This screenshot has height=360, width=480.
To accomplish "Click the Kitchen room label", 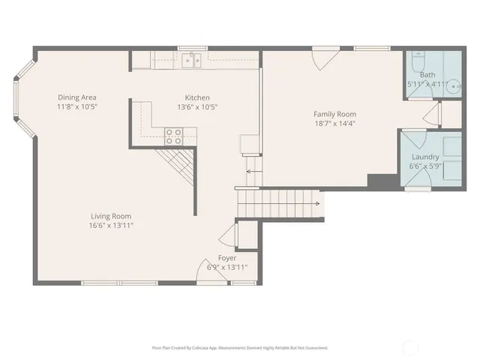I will coord(197,97).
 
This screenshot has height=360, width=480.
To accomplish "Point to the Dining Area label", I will coord(77,97).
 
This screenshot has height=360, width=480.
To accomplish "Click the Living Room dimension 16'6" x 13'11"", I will coord(110,225).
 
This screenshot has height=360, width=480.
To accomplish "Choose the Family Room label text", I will coord(334,114).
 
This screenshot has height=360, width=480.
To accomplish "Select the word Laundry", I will coord(425,157).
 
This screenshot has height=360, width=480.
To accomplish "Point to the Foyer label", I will coord(226,258).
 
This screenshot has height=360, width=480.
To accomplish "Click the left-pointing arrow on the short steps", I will coord(250,171).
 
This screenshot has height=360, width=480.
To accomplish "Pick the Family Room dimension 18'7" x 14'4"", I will coord(334,124).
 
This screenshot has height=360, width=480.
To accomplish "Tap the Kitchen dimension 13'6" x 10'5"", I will coord(197,107).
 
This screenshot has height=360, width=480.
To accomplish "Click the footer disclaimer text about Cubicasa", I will coord(240,347).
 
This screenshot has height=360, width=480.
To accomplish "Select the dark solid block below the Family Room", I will coord(380,181).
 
